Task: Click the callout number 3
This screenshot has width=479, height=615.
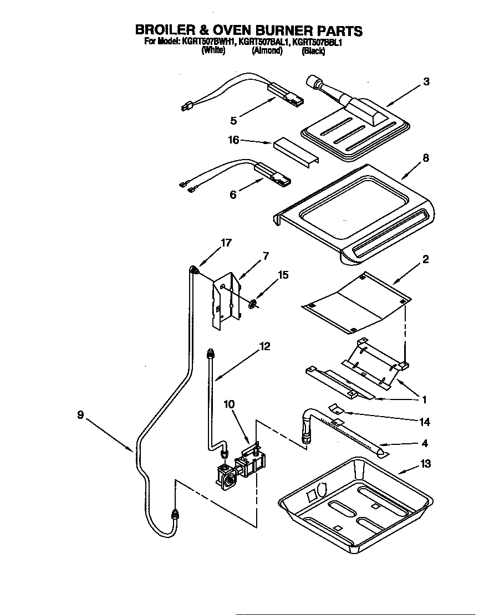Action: [x=426, y=82]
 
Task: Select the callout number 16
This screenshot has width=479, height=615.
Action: [x=234, y=140]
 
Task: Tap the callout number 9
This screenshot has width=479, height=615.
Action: [x=80, y=414]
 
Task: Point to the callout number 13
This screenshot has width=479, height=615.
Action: [x=425, y=464]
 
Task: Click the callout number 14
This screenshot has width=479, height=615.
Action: [x=425, y=422]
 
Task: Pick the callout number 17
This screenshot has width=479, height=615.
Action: [x=226, y=242]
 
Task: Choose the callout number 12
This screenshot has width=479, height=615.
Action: [x=265, y=346]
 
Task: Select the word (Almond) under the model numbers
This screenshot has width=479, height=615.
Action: [x=267, y=51]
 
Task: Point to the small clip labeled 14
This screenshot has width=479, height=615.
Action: [x=335, y=409]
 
